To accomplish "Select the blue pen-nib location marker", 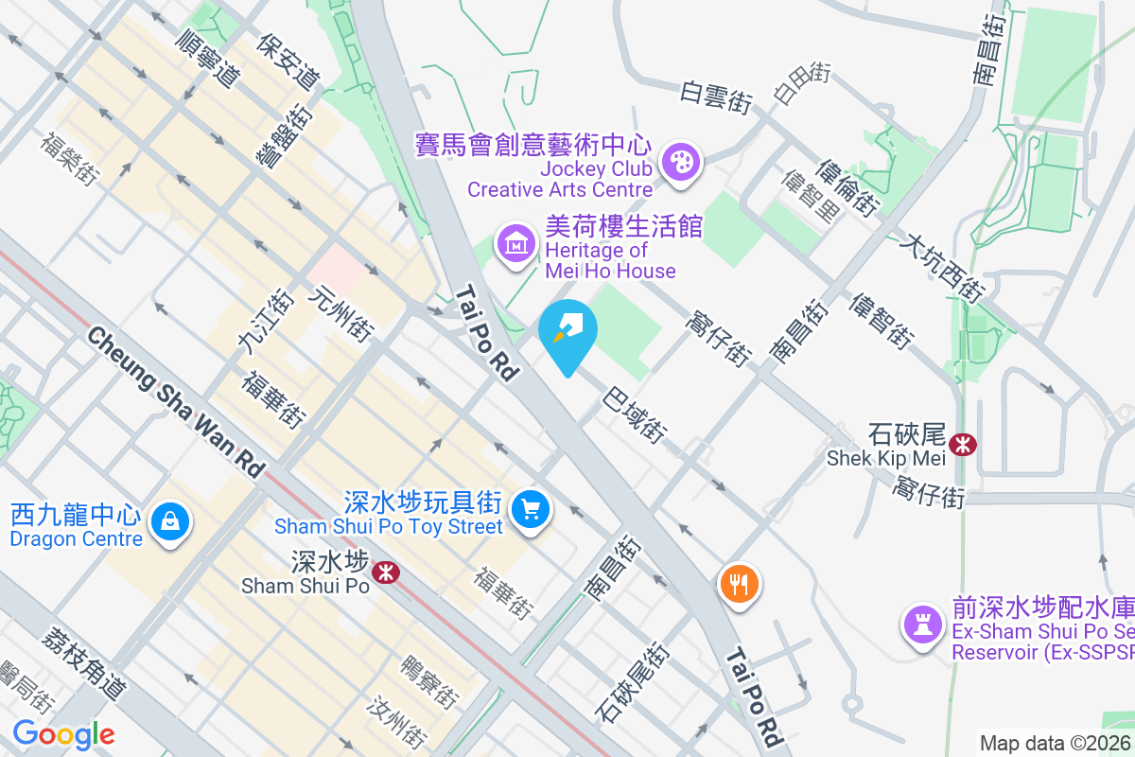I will pos(567,331).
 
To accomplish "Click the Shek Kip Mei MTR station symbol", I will pos(964,443).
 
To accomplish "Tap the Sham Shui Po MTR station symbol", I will pos(385,572).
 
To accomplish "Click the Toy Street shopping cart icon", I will pos(530,511).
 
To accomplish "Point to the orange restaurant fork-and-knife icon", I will pos(740,583).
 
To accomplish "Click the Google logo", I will pos(63,734).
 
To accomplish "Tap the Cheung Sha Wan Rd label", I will pos(176,401).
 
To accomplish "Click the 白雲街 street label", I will pos(717,97).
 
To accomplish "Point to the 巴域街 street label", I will pos(633,413).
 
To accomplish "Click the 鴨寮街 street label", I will pos(429,682).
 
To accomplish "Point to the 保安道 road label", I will pos(288,61).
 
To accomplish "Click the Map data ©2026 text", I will pos(1056,743).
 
